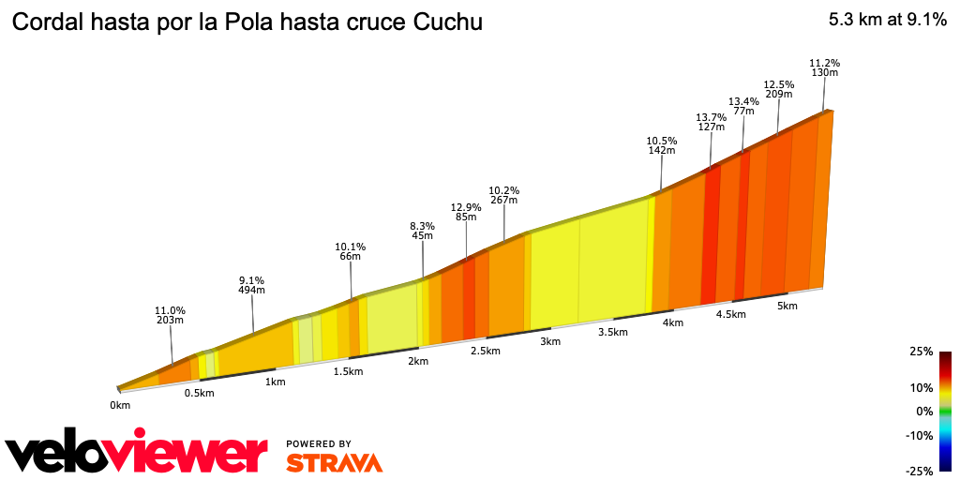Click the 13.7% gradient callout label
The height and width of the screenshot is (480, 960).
(711, 123)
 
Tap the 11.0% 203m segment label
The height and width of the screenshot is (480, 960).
(171, 315)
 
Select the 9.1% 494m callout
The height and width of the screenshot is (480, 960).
(251, 285)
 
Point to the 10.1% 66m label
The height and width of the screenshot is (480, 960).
(350, 252)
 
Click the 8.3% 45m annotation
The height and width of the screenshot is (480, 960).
(423, 231)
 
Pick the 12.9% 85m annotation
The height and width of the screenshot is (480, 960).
(466, 213)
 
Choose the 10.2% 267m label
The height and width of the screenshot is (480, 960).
(504, 194)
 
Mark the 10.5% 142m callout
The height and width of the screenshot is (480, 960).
(662, 145)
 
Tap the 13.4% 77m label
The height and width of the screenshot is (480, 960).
(743, 106)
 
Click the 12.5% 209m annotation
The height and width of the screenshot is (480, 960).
(779, 89)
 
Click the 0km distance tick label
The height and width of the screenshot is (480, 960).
(119, 405)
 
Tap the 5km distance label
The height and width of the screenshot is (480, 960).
(787, 306)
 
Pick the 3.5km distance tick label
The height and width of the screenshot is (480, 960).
(612, 332)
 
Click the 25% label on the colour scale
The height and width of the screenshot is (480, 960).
(921, 352)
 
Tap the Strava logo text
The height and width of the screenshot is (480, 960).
(334, 462)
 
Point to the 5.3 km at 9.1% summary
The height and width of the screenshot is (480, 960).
(887, 20)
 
